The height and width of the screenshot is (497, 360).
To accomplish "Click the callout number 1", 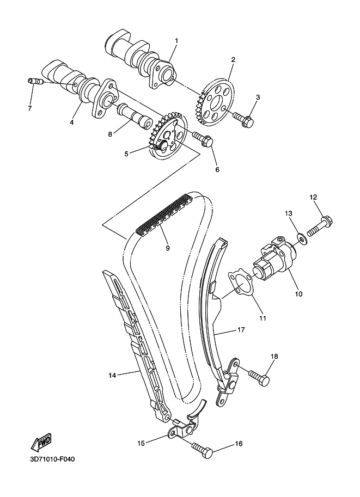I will pyautogui.click(x=176, y=41).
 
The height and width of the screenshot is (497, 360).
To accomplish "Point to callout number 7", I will pyautogui.click(x=29, y=108).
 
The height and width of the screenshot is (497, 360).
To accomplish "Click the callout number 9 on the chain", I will pyautogui.click(x=167, y=248).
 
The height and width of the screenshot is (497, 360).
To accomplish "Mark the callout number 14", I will pyautogui.click(x=113, y=375).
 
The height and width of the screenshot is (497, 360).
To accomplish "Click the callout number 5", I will pyautogui.click(x=126, y=154).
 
